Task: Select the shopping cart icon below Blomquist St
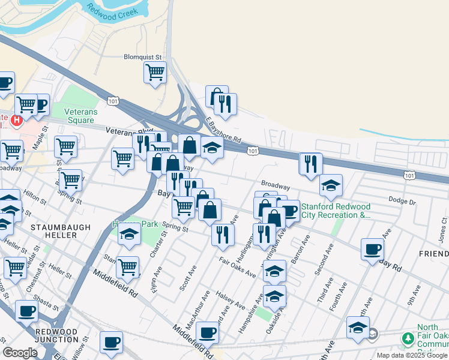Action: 155,73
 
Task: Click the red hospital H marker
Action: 17,120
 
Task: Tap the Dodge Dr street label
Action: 402,201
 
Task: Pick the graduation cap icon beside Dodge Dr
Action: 330,186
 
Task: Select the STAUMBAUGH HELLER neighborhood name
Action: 61,231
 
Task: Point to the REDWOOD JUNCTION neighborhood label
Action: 56,335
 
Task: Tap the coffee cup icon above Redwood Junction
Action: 26,311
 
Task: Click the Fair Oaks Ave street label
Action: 237,268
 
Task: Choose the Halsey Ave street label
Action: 232,303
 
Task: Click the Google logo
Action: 20,353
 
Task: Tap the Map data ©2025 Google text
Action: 412,355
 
